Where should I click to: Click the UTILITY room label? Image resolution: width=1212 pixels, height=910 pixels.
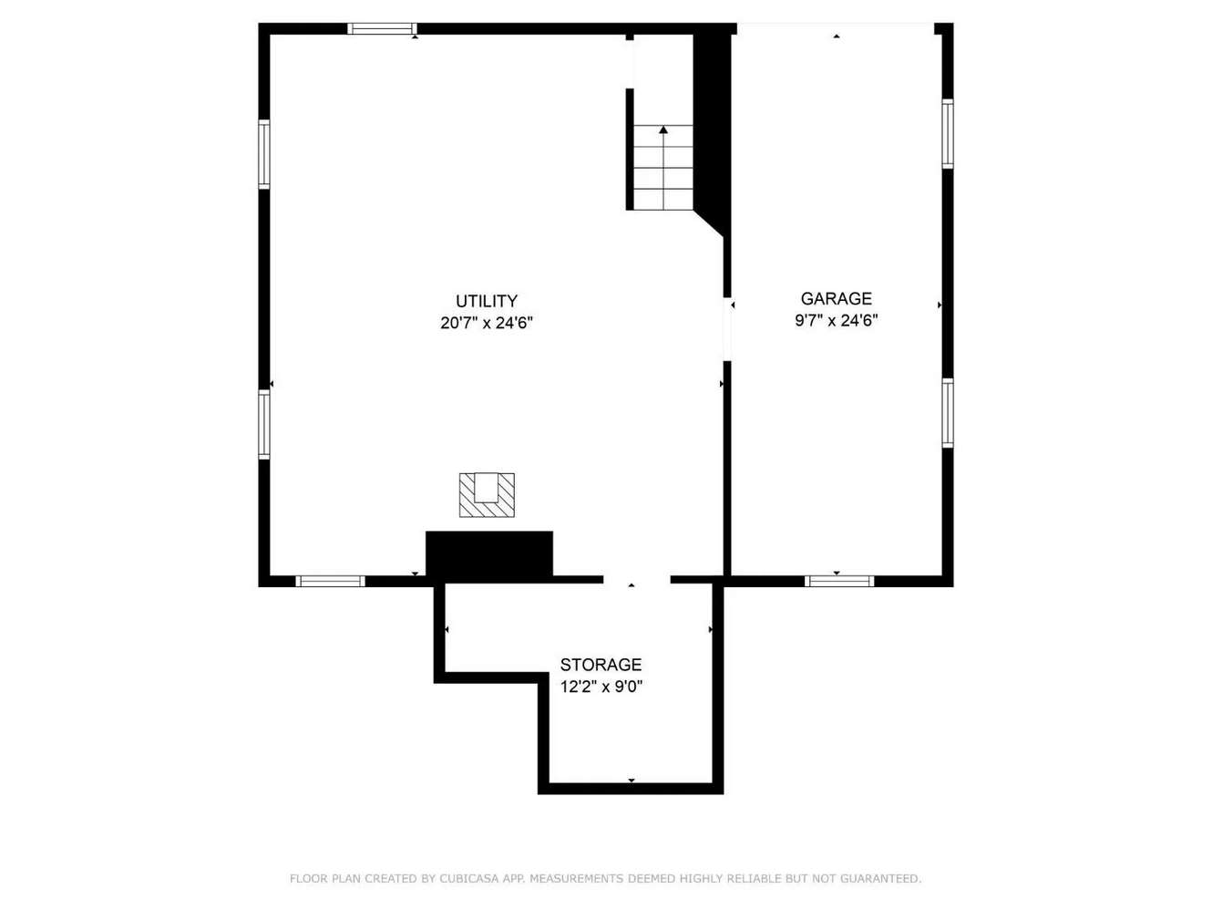(487, 301)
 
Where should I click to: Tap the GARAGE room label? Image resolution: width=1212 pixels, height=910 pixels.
(836, 299)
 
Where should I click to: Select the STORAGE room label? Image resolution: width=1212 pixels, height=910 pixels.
(601, 664)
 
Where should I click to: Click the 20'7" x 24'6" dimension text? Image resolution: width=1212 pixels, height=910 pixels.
(487, 323)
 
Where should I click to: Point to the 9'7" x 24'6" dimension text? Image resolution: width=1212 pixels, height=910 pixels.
(836, 320)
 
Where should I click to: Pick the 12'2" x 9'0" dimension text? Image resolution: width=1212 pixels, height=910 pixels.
(601, 687)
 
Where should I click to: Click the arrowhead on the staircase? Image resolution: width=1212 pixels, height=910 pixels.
(663, 129)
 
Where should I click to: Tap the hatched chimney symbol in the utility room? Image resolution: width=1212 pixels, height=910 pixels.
(487, 495)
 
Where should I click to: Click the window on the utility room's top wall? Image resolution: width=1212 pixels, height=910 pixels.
(382, 29)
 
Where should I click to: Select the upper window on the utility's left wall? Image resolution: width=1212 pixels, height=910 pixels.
(264, 154)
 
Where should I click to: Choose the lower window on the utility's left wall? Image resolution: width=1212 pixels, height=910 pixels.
(264, 424)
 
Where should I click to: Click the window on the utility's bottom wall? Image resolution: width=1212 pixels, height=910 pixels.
(330, 581)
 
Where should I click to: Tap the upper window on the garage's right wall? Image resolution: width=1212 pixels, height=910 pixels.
(948, 134)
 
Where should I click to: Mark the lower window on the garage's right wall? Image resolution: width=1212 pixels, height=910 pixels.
(948, 413)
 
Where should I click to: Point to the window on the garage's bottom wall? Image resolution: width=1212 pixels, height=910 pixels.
(839, 581)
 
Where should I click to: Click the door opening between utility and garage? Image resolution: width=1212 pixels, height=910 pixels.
(727, 330)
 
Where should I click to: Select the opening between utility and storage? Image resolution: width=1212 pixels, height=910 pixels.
(637, 580)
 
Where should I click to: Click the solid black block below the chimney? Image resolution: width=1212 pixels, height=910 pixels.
(489, 553)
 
